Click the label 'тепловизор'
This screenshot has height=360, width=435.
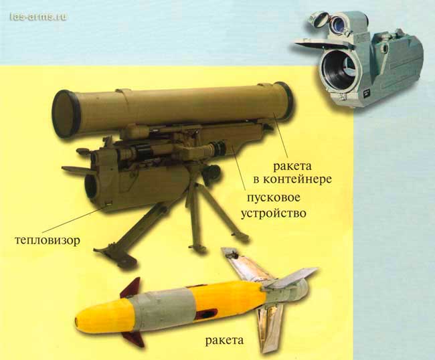point(47,240)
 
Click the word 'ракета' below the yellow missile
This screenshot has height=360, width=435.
point(224,341)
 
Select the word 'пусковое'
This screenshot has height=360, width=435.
point(273,199)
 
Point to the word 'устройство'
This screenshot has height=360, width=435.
point(273,213)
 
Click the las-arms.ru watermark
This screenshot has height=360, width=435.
point(38,17)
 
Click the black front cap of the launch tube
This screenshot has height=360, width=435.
point(64,114)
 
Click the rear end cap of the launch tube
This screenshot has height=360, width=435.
point(284,100)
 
